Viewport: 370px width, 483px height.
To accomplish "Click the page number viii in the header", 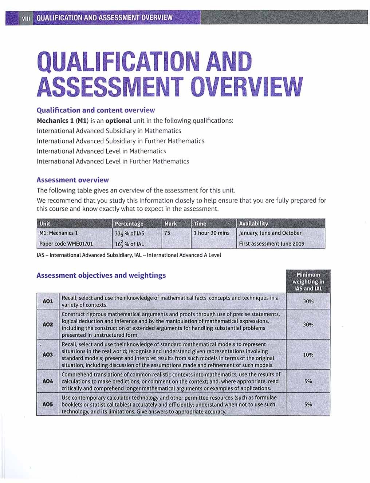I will (x=25, y=18).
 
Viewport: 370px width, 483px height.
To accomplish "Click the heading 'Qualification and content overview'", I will (x=96, y=110).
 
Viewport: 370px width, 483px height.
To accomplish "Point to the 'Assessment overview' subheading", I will (x=73, y=180).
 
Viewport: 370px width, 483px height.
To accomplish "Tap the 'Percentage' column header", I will (x=129, y=223).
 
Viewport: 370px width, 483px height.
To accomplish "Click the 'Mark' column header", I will (x=170, y=223).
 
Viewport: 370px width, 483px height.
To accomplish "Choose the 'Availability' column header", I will (x=253, y=223).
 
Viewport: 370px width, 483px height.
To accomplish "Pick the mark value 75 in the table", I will (x=167, y=233).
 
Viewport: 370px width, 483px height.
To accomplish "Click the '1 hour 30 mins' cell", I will (x=212, y=233).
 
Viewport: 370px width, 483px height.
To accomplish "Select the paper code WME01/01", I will (x=66, y=244).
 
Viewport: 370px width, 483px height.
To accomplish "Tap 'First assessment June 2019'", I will (x=272, y=244).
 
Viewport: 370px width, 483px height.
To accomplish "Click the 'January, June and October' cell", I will (x=270, y=233).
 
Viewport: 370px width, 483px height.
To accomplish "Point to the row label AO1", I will (x=48, y=301).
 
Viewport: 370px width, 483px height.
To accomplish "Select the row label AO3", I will (x=48, y=355).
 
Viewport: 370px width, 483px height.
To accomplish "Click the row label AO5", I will (x=48, y=404).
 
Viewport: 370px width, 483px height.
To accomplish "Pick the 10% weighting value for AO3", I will (x=308, y=355).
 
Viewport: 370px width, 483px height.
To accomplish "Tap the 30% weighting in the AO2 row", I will (x=308, y=324).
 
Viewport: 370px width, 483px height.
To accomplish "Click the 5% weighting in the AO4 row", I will (x=308, y=381).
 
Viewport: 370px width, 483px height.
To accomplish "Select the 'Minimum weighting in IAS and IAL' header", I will (x=308, y=281).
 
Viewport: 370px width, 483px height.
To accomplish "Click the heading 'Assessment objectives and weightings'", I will (x=101, y=276).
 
